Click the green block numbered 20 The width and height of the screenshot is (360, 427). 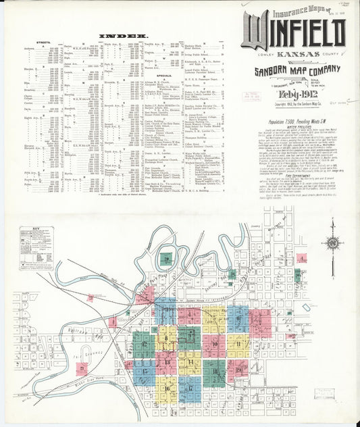click(165, 258)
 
